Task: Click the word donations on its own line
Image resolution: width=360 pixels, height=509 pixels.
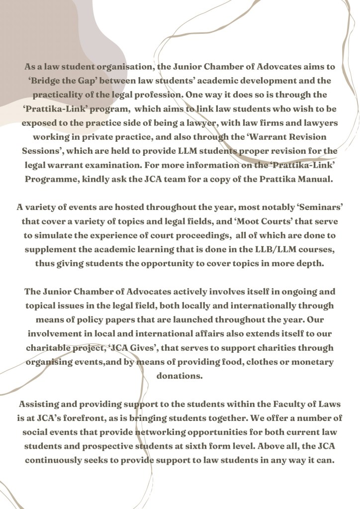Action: [x=180, y=375]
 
